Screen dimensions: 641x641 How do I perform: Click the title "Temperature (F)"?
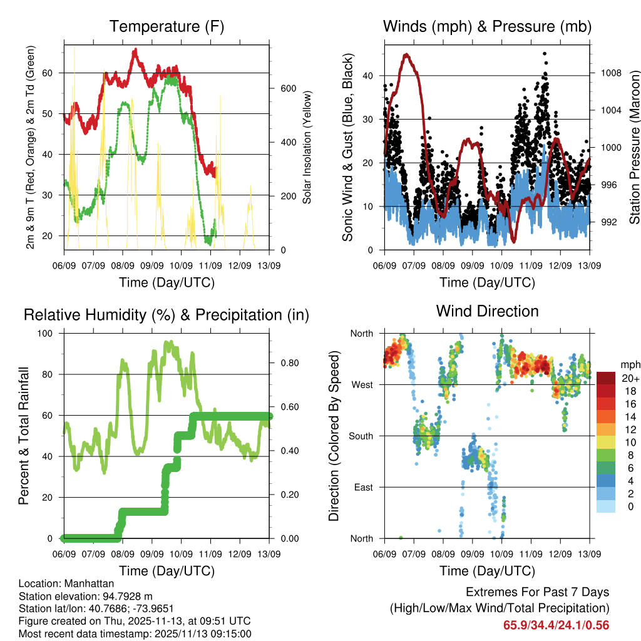(167, 27)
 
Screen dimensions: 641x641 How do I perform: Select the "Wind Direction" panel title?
(487, 311)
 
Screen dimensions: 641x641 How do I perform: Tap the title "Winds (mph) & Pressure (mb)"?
(487, 27)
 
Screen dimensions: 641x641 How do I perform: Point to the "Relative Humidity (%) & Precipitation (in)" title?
(167, 315)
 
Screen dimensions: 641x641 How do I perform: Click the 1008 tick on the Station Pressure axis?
(610, 73)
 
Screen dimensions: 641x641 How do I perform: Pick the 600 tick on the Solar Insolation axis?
(287, 88)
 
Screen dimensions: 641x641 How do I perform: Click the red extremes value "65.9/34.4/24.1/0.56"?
(556, 625)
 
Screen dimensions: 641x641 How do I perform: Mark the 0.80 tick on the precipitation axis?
(285, 363)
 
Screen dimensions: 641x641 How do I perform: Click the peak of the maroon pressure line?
(406, 54)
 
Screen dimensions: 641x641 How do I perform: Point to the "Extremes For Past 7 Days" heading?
(537, 592)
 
